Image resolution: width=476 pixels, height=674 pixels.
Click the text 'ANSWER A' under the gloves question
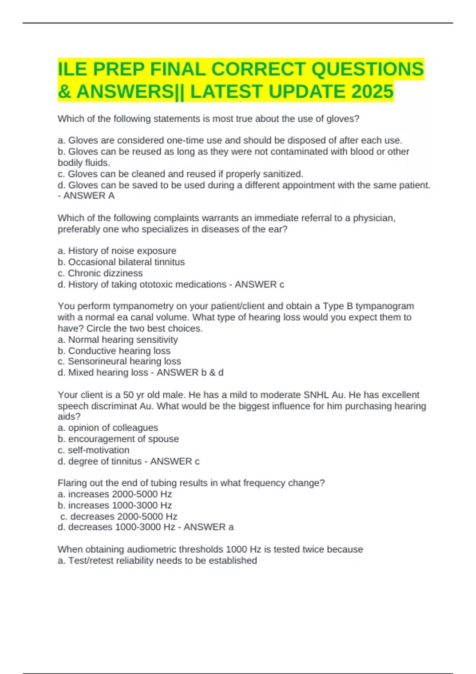[89, 196]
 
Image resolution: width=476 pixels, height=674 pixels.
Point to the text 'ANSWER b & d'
[190, 373]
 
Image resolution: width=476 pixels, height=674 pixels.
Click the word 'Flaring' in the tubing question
[73, 483]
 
